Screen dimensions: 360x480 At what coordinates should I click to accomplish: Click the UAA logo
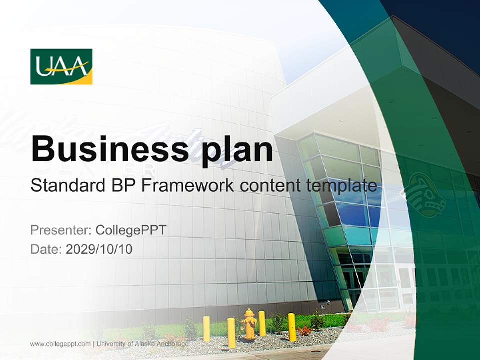click(61, 66)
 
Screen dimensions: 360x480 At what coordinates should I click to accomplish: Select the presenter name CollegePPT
click(131, 230)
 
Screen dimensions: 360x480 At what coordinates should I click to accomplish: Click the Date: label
click(46, 249)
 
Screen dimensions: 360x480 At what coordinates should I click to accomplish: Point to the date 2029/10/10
click(99, 249)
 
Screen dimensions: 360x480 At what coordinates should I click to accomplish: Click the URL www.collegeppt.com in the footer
click(60, 344)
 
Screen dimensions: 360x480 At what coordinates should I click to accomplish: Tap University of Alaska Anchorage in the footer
click(142, 344)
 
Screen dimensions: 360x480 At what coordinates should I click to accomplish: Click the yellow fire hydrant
click(250, 324)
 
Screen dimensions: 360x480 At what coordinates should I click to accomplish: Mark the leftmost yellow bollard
click(206, 328)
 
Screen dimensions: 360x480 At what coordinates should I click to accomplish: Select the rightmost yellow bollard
click(292, 327)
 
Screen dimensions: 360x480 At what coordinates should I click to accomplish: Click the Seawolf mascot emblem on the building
click(425, 195)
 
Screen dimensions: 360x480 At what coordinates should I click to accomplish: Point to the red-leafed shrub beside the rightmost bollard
click(304, 330)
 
